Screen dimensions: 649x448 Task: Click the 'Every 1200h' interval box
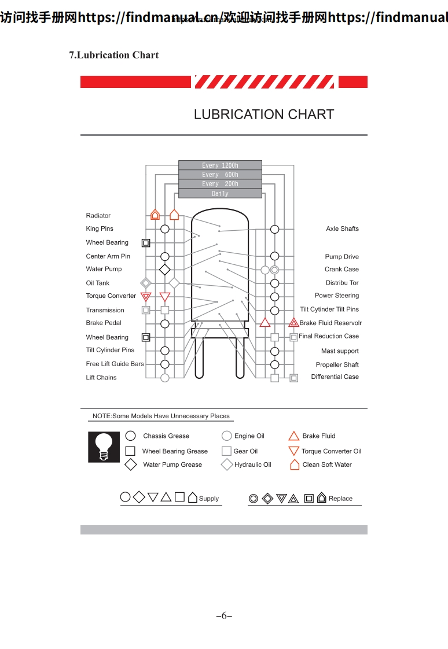[x=220, y=165]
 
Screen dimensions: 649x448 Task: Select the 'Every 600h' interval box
[x=220, y=175]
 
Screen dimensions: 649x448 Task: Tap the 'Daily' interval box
[x=220, y=194]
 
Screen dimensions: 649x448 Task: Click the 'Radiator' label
[x=98, y=216]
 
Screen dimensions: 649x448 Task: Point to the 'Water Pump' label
[x=104, y=269]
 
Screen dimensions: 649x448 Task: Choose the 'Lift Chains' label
[x=101, y=378]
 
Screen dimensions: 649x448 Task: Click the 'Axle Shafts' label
[x=342, y=228]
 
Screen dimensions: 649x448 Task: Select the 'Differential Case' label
[x=335, y=377]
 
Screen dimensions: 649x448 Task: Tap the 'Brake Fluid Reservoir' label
[x=331, y=323]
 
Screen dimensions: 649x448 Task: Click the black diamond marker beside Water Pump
[x=165, y=270]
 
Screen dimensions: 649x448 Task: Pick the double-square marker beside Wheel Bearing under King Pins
[x=146, y=243]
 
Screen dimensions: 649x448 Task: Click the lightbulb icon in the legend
[x=104, y=447]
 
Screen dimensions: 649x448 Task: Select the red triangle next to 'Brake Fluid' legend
[x=294, y=436]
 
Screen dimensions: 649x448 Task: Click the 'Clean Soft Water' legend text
[x=327, y=464]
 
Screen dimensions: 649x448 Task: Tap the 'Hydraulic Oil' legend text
[x=252, y=464]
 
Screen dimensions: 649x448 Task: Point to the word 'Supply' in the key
[x=209, y=499]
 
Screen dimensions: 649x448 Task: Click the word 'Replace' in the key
[x=340, y=499]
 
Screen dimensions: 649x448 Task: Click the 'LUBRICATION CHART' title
[x=264, y=115]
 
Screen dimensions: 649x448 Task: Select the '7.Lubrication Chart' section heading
[x=114, y=55]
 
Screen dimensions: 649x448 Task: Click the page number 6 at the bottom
[x=224, y=616]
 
